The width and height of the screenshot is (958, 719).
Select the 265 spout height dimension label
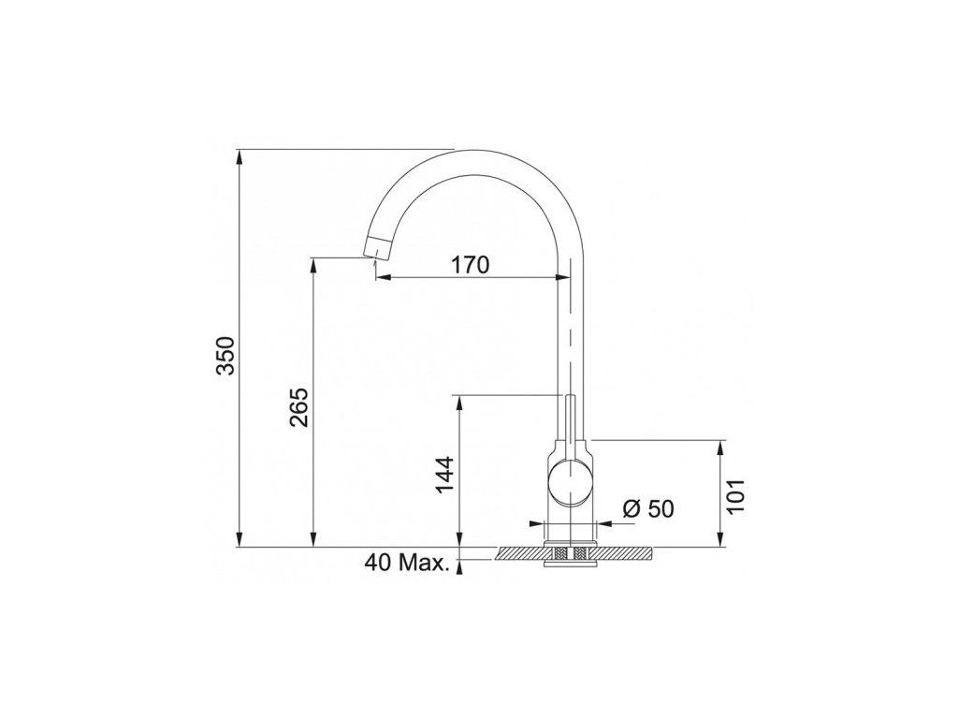(298, 407)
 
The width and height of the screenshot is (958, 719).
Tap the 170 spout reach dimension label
(471, 265)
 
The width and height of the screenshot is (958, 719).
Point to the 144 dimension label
(444, 474)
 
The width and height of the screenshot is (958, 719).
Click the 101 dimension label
(737, 496)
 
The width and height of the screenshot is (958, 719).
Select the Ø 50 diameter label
(647, 508)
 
